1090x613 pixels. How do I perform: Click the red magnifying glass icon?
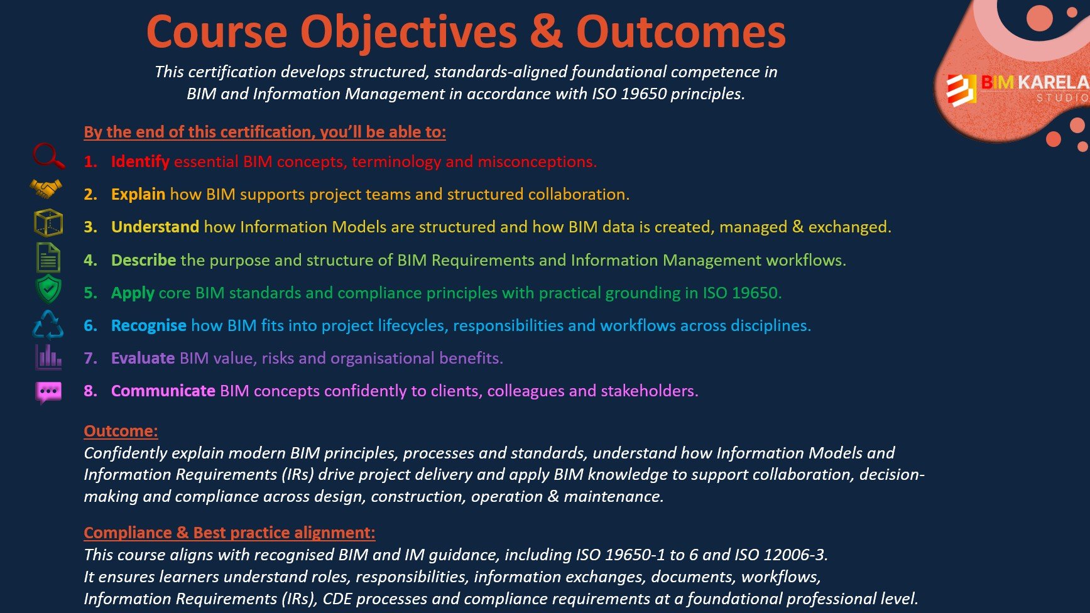[x=48, y=156]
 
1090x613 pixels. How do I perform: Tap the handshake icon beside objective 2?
[x=46, y=188]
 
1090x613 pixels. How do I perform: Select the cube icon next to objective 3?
[x=48, y=222]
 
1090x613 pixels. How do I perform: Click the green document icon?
[x=48, y=257]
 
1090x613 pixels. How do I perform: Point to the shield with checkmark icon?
[x=48, y=290]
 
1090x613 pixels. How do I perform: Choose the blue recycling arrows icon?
[x=48, y=325]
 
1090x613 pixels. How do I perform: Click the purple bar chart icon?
[x=48, y=357]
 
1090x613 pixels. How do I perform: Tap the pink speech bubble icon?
[x=48, y=392]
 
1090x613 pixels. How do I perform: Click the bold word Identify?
[x=140, y=161]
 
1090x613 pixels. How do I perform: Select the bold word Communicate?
[x=163, y=391]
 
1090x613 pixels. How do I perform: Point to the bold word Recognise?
[x=148, y=325]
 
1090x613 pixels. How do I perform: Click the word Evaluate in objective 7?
[x=143, y=358]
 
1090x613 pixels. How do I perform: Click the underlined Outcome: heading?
[x=121, y=431]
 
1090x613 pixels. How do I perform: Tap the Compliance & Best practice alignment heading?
[x=229, y=533]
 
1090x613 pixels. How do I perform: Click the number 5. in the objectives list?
[x=90, y=293]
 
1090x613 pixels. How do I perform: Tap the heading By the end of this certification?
[x=264, y=132]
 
